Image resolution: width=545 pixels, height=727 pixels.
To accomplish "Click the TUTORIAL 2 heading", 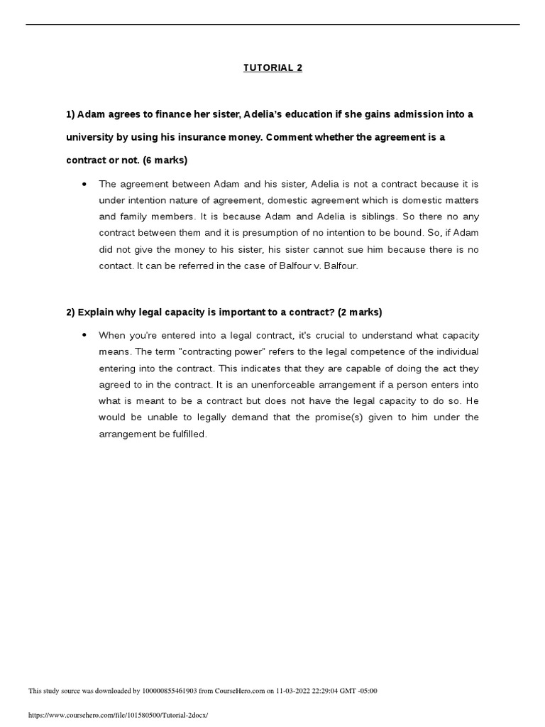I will tap(272, 68).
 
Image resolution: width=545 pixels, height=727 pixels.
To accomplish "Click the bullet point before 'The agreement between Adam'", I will tap(84, 184).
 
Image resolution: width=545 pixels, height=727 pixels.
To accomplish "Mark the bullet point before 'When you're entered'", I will tap(84, 335).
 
